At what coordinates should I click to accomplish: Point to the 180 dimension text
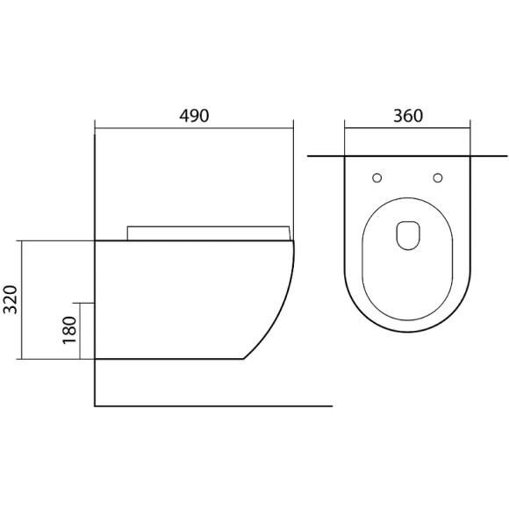(x=71, y=331)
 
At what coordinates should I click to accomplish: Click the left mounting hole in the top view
(x=377, y=178)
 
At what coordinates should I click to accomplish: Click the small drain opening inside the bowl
(x=407, y=233)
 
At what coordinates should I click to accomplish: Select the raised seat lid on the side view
(x=208, y=232)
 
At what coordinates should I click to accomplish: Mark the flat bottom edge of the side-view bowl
(x=167, y=359)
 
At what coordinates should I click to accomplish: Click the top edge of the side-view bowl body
(x=193, y=240)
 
